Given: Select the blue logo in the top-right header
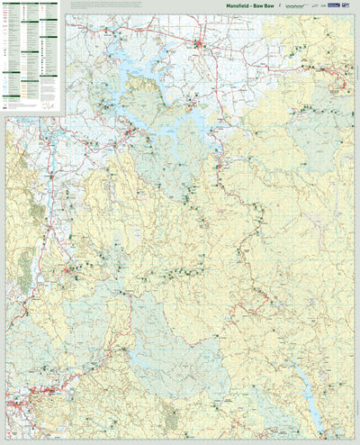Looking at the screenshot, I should [334, 6].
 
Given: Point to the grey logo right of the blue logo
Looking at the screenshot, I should [348, 6].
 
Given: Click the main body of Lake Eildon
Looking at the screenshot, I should [171, 126].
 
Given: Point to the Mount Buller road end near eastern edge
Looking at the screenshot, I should [340, 86].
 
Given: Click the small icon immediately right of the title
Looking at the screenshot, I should [280, 7].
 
